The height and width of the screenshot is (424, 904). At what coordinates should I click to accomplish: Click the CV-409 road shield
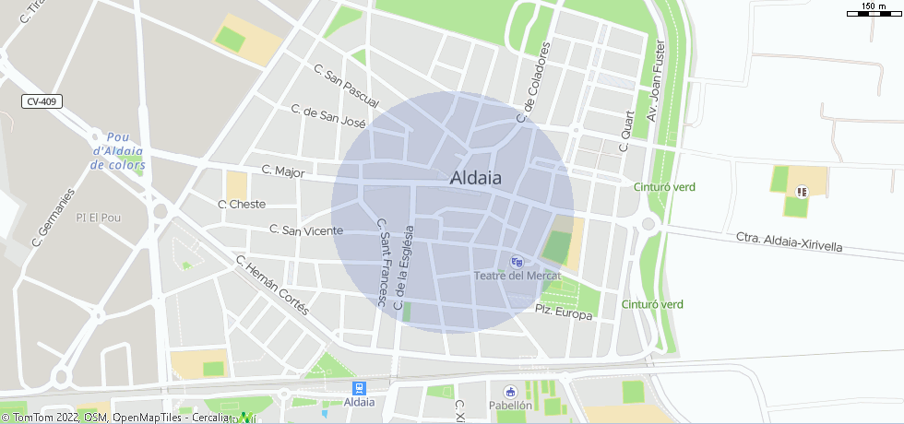pyautogui.click(x=43, y=101)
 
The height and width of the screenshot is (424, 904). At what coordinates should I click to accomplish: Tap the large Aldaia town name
pyautogui.click(x=476, y=179)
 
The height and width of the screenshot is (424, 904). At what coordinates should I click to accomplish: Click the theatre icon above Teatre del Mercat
pyautogui.click(x=517, y=262)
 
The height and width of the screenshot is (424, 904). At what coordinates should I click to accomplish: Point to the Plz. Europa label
pyautogui.click(x=564, y=313)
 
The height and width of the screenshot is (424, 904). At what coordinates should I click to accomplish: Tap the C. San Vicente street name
pyautogui.click(x=306, y=230)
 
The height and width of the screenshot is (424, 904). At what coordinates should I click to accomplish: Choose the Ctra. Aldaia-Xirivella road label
pyautogui.click(x=790, y=243)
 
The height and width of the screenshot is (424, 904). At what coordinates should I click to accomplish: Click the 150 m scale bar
pyautogui.click(x=874, y=10)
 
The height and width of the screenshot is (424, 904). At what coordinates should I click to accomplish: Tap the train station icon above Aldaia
pyautogui.click(x=359, y=389)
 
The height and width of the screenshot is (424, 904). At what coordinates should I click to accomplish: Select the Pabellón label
pyautogui.click(x=511, y=405)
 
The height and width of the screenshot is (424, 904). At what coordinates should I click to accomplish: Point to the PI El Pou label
pyautogui.click(x=100, y=218)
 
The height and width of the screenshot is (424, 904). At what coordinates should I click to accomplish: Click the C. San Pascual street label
pyautogui.click(x=346, y=84)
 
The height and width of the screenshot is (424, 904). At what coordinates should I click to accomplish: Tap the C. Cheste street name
pyautogui.click(x=242, y=204)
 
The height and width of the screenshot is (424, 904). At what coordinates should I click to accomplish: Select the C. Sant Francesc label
pyautogui.click(x=382, y=263)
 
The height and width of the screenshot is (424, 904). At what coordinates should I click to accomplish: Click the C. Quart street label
pyautogui.click(x=625, y=133)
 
